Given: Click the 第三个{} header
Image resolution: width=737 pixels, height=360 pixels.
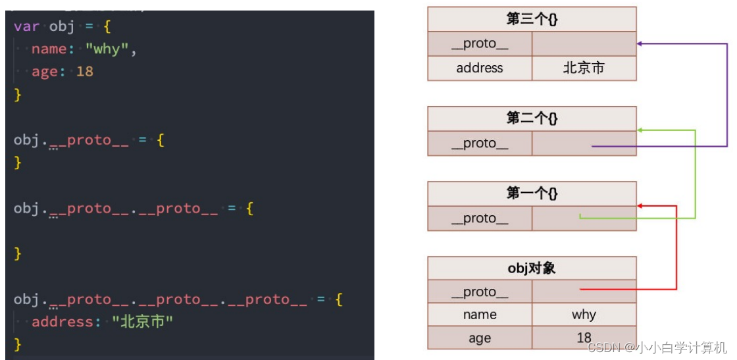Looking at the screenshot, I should click(532, 19).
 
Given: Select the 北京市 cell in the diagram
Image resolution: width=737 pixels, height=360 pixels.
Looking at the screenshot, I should click(584, 68).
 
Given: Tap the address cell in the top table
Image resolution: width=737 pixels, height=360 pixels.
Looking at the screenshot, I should click(480, 68).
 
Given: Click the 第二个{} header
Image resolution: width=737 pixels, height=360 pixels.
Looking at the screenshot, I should click(532, 118).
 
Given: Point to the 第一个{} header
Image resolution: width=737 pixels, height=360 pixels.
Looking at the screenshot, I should click(532, 193).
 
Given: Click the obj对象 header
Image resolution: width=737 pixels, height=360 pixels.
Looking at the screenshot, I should click(532, 268).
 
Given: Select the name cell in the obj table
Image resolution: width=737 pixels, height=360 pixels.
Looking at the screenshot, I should click(480, 315).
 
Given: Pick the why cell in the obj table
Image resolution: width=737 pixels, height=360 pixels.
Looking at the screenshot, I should click(584, 315).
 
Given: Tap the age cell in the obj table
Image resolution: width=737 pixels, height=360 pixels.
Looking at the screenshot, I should click(480, 338).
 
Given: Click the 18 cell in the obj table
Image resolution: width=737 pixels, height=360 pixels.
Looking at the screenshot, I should click(584, 338).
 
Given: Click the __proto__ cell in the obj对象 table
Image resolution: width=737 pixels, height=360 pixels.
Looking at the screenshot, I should click(480, 292).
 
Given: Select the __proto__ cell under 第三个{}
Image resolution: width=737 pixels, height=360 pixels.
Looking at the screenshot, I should click(480, 44).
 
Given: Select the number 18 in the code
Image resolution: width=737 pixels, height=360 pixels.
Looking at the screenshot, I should click(85, 71).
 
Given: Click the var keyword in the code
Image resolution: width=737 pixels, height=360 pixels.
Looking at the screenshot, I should click(26, 27).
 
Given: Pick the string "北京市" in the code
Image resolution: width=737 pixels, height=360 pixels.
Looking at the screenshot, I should click(142, 322).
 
